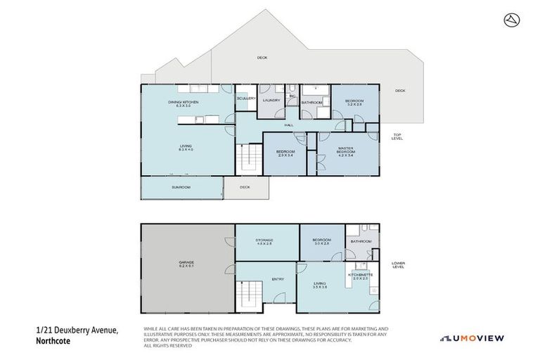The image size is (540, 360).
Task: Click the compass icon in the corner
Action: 511,20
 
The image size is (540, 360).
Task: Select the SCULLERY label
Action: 245,98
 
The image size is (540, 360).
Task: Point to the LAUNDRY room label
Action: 271,101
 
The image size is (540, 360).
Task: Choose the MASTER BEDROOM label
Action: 345,152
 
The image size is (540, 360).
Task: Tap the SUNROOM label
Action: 181,188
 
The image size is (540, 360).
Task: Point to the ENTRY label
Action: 278,279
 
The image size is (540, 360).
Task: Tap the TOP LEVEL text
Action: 397,136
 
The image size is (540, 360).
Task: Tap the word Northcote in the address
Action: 55,341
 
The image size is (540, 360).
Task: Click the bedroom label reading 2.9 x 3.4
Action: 285,153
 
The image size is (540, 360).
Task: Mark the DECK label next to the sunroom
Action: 245,187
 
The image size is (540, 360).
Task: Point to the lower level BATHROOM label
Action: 361,241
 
